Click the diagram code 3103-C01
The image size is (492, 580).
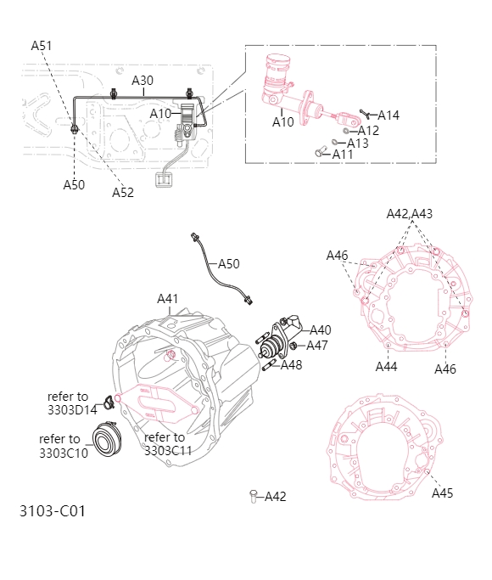(53, 511)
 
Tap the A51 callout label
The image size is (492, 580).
(42, 46)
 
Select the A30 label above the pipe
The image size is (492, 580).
(143, 81)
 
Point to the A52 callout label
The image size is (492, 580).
(123, 193)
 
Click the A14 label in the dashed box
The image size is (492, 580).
(388, 115)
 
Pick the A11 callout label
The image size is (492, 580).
(343, 155)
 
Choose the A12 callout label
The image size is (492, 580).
(368, 131)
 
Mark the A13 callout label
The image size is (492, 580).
(357, 144)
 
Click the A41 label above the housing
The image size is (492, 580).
(168, 299)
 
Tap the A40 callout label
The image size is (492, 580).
(320, 330)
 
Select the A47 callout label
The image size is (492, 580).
(316, 346)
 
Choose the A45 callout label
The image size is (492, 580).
(443, 493)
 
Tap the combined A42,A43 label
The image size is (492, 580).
(410, 214)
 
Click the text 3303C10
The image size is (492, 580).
(63, 452)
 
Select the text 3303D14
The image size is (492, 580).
(72, 408)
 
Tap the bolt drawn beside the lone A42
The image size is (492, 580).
(253, 496)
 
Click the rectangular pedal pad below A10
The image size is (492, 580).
(165, 179)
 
